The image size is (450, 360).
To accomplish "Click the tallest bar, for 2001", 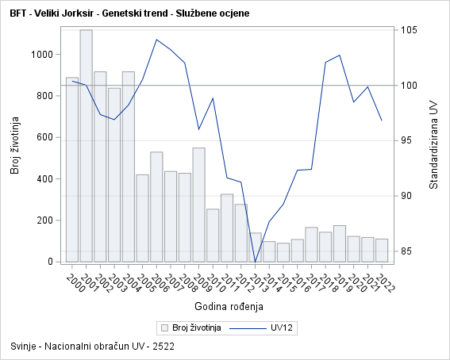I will tap(86, 146).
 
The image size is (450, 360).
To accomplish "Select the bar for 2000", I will tap(72, 170).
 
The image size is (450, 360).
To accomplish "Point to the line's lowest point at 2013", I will tap(255, 262).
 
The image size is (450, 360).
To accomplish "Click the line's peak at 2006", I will tap(156, 40).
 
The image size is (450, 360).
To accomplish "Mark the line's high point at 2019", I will tap(340, 55).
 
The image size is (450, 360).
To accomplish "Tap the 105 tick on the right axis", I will tap(411, 30).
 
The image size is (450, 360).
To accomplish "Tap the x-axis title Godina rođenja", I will tap(229, 306).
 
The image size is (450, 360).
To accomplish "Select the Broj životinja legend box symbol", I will tap(165, 327).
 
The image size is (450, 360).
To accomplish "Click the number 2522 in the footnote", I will tap(164, 347).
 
